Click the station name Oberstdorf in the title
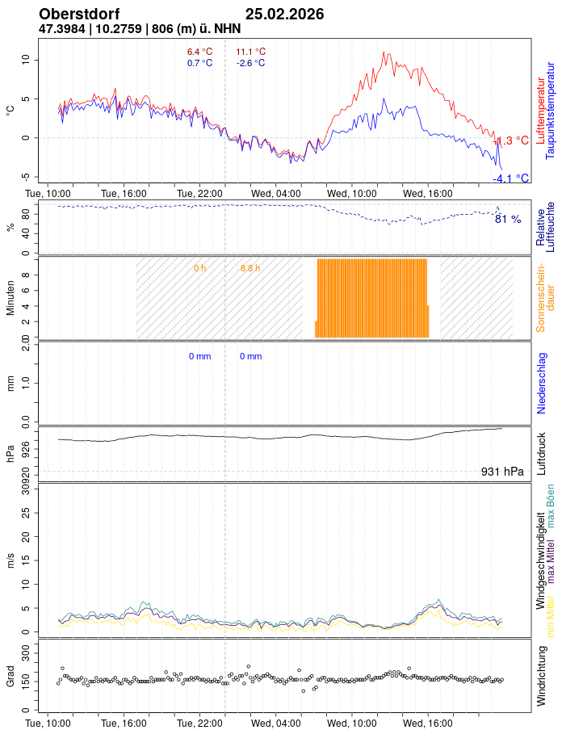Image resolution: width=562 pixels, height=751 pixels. click(x=79, y=15)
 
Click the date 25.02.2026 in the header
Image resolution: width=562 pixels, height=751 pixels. click(x=284, y=15)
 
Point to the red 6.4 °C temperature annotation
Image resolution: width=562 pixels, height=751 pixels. click(x=199, y=52)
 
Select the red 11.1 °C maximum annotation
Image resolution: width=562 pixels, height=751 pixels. click(x=250, y=52)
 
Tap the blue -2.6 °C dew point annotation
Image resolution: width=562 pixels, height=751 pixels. click(x=250, y=63)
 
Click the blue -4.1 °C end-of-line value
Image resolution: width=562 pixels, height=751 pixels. click(x=511, y=178)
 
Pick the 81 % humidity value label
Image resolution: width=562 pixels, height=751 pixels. click(x=508, y=219)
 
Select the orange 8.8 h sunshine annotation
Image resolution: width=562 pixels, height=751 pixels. click(x=250, y=267)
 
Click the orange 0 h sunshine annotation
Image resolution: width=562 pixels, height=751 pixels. click(x=199, y=267)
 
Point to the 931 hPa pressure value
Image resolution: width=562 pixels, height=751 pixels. click(x=502, y=472)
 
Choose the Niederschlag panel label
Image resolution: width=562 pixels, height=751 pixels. click(x=542, y=383)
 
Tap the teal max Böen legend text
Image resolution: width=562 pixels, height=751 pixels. click(x=552, y=505)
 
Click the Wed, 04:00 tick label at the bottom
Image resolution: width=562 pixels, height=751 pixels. click(x=276, y=724)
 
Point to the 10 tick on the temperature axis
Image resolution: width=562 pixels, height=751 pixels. click(x=25, y=60)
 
